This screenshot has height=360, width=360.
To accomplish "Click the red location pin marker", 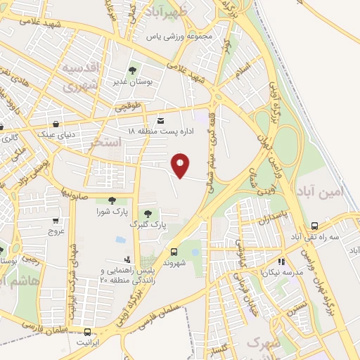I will point(181,165).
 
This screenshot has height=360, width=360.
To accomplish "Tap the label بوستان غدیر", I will point(131,82).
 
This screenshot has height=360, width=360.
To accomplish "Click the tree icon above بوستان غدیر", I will point(131,70).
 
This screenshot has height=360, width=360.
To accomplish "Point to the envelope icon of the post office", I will point(161,120).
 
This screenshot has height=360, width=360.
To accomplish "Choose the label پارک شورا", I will point(112,211).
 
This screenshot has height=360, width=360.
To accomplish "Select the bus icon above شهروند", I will point(174,251).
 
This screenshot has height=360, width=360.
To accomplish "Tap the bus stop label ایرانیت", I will point(88,343).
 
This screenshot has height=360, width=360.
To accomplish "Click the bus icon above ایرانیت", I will point(87,332).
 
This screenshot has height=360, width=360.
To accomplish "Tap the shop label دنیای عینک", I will point(56,132).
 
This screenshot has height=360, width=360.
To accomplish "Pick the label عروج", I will point(56,230).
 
